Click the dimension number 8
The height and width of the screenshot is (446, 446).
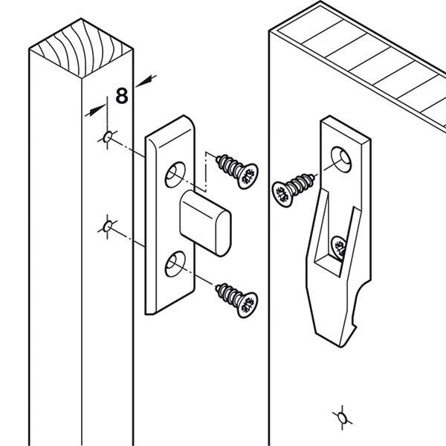tap(122, 96)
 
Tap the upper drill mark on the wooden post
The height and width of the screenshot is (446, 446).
tap(108, 138)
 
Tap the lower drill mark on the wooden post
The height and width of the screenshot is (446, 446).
tap(108, 227)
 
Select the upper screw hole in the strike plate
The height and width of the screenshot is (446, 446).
tap(175, 175)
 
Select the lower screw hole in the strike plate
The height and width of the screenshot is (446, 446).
tap(175, 264)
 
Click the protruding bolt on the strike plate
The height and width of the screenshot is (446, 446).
tap(205, 223)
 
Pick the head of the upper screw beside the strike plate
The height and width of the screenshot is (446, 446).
tap(248, 176)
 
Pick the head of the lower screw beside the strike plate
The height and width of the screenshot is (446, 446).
tap(248, 305)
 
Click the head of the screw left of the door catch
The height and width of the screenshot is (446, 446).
tap(282, 194)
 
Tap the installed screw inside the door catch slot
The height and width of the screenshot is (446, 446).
tap(339, 248)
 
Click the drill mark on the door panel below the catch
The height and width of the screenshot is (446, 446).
tap(342, 418)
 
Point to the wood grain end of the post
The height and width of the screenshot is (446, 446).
tap(81, 48)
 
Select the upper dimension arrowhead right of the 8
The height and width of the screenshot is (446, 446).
tap(146, 81)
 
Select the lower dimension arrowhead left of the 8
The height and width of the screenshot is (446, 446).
tap(96, 110)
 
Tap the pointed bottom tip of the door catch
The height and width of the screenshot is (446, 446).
tap(340, 346)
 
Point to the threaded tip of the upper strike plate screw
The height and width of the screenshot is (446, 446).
tap(218, 160)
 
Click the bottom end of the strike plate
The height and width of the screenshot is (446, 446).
tap(151, 313)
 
